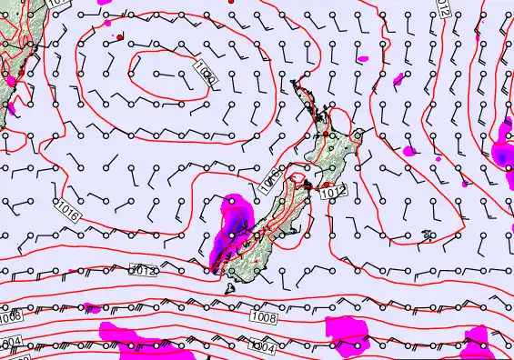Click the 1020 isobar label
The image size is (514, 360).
[x=205, y=72]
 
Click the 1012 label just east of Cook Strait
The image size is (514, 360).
[x=334, y=192]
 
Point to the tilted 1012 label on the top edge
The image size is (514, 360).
[x=443, y=8]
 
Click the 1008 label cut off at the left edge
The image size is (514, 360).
[x=9, y=317]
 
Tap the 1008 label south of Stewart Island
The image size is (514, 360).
[x=264, y=318]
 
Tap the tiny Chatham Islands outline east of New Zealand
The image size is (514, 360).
[x=427, y=235]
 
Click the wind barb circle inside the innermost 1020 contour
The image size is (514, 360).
[x=156, y=73]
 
